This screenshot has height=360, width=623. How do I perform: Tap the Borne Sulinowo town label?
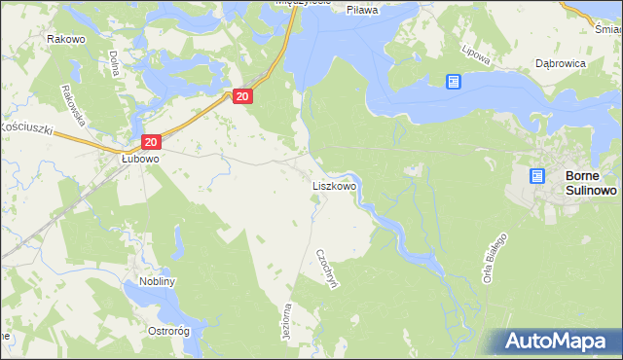590,184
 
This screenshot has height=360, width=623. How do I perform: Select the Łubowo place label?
140,157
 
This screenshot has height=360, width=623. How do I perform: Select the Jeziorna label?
286,320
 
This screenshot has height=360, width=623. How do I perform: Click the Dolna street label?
114,64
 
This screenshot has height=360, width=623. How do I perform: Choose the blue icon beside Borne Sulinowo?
536,176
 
